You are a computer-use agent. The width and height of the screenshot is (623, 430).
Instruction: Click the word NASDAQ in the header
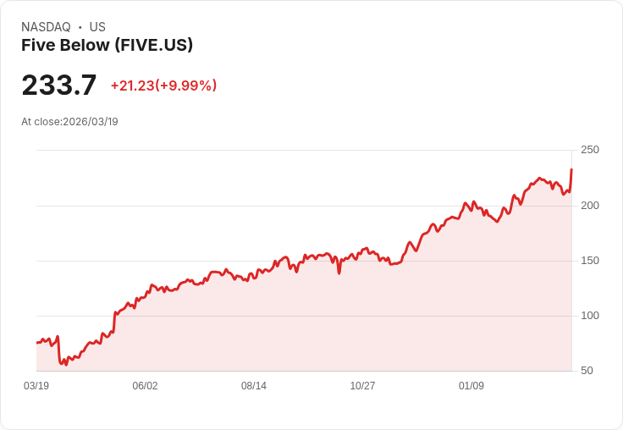click(46, 27)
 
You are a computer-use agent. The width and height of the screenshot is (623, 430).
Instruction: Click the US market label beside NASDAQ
click(97, 27)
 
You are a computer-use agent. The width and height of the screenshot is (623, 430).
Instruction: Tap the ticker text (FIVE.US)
click(154, 45)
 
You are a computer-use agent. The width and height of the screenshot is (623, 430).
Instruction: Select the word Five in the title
click(37, 45)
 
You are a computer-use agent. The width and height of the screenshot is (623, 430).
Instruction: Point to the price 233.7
click(59, 85)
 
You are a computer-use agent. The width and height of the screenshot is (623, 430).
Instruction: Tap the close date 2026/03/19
click(91, 122)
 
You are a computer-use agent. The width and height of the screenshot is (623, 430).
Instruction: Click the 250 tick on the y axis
click(589, 150)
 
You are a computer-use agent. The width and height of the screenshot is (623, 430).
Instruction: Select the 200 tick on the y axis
click(589, 206)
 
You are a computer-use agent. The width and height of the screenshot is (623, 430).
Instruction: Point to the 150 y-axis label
click(589, 261)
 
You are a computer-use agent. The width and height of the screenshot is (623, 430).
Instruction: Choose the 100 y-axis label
click(589, 316)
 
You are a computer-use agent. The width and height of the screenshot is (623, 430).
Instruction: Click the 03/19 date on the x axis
click(36, 386)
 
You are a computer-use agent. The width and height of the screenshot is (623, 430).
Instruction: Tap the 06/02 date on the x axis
click(145, 386)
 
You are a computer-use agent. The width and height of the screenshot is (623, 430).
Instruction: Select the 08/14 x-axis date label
click(254, 386)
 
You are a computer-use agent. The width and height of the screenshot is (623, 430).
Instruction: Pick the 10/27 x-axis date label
click(362, 386)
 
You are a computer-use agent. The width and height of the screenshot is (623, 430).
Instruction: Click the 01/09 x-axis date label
click(471, 386)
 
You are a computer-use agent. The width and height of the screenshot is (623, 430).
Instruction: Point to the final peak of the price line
click(571, 169)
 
